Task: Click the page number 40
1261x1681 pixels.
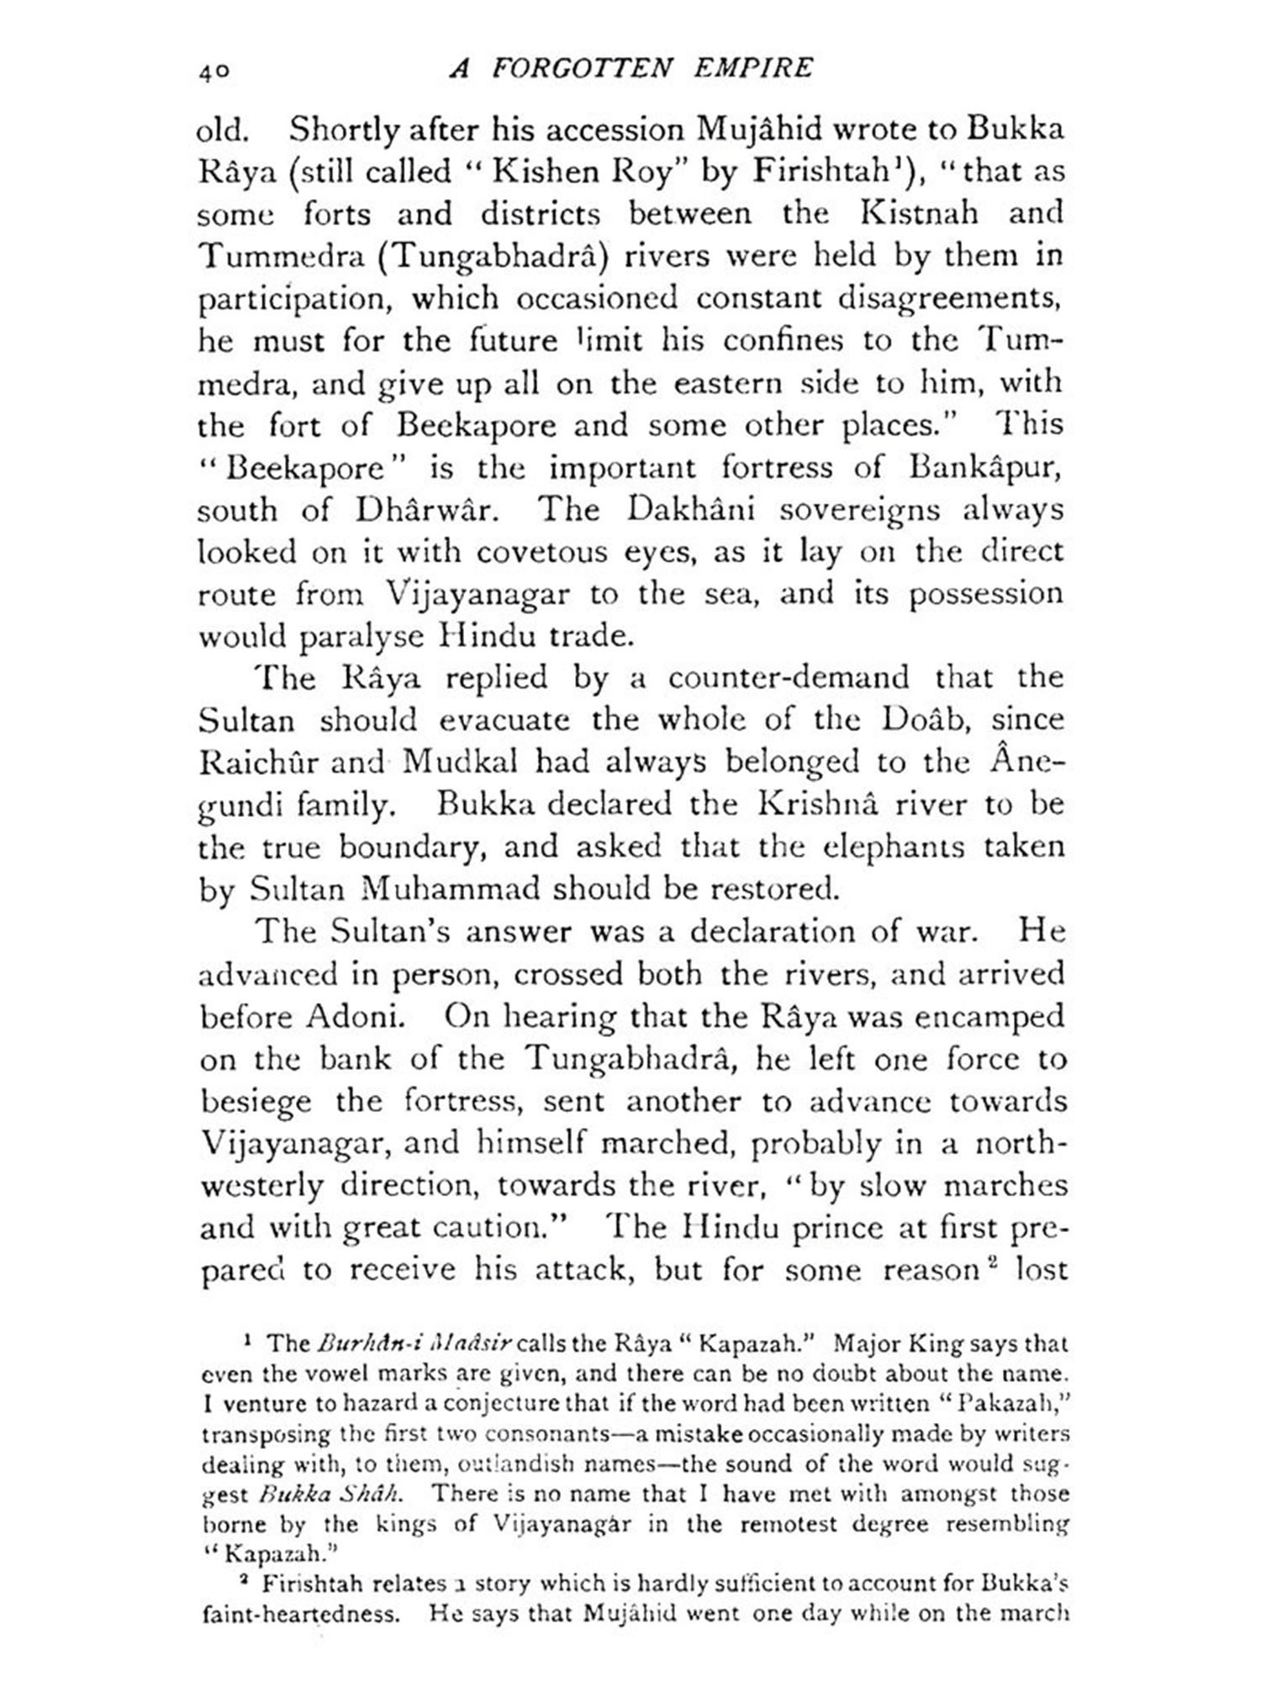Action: click(x=214, y=71)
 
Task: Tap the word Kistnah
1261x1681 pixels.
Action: click(x=919, y=213)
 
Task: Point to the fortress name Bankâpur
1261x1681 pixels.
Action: click(x=985, y=467)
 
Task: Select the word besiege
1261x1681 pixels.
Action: click(x=256, y=1102)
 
